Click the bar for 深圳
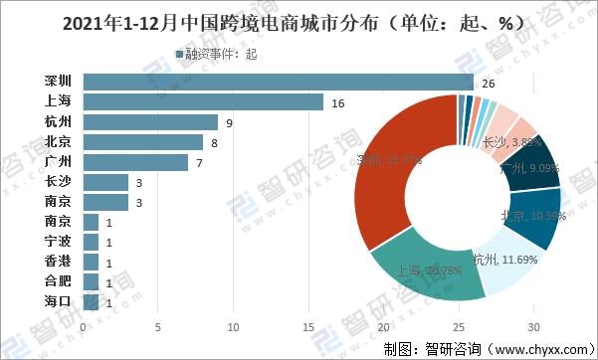click(279, 82)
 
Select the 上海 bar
click(203, 101)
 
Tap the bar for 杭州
click(150, 122)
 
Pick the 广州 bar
click(135, 162)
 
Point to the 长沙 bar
click(105, 182)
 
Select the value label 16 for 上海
click(338, 101)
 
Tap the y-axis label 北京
click(58, 142)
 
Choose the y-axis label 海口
click(58, 301)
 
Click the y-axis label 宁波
click(58, 242)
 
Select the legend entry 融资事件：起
click(216, 54)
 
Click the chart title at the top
click(299, 21)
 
